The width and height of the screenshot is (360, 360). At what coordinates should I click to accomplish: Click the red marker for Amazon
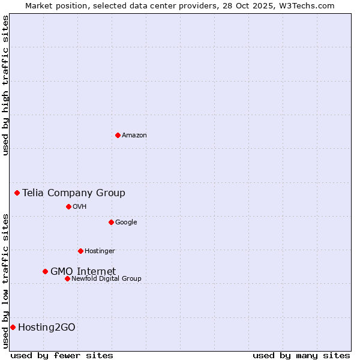pyautogui.click(x=118, y=135)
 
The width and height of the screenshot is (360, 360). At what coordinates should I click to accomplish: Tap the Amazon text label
pyautogui.click(x=134, y=136)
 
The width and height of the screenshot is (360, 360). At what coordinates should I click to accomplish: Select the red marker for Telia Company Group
pyautogui.click(x=17, y=193)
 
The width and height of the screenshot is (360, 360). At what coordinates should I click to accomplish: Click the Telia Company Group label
pyautogui.click(x=74, y=193)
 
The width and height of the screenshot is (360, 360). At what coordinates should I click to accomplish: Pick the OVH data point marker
pyautogui.click(x=68, y=206)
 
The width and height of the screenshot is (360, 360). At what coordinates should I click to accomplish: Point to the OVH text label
pyautogui.click(x=80, y=207)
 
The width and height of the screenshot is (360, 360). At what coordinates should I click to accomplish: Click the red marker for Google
pyautogui.click(x=111, y=222)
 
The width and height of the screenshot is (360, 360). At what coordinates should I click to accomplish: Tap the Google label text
pyautogui.click(x=126, y=223)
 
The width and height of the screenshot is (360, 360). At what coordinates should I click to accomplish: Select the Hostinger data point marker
pyautogui.click(x=80, y=251)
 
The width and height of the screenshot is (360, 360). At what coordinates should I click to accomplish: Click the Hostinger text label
pyautogui.click(x=100, y=251)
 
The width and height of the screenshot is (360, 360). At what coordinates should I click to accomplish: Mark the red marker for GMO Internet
pyautogui.click(x=45, y=271)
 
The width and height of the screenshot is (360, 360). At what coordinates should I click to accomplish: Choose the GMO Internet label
pyautogui.click(x=83, y=271)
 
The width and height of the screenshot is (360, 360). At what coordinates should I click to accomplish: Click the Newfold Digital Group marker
pyautogui.click(x=67, y=278)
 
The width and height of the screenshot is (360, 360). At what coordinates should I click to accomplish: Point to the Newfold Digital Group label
pyautogui.click(x=106, y=279)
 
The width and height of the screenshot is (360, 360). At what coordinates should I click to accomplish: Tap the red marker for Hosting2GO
pyautogui.click(x=13, y=327)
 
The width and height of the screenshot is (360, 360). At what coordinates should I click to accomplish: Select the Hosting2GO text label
pyautogui.click(x=47, y=327)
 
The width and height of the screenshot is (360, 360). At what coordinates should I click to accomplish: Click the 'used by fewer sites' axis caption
pyautogui.click(x=62, y=355)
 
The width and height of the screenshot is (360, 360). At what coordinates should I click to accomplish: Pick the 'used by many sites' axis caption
pyautogui.click(x=301, y=355)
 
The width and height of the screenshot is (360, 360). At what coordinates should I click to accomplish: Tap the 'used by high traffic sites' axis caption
pyautogui.click(x=6, y=85)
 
